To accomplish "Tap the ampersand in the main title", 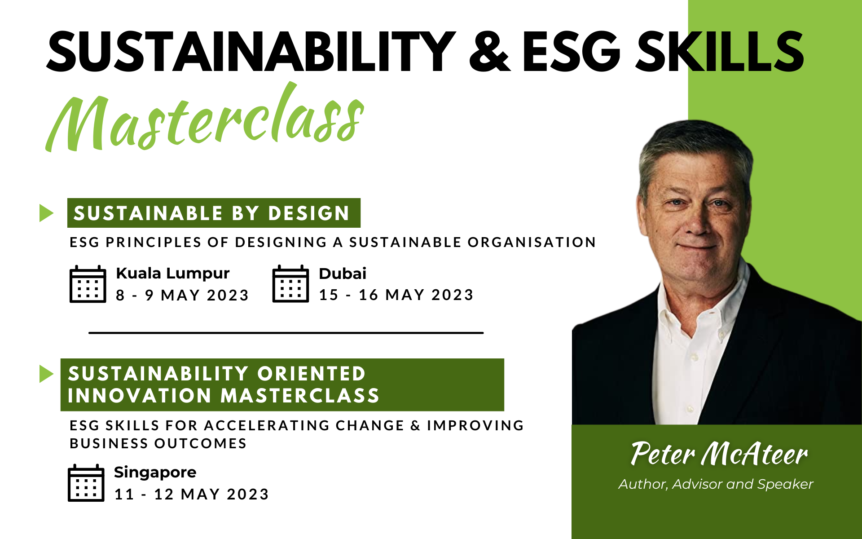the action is tap(489, 52).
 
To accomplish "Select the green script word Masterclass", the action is tap(205, 119).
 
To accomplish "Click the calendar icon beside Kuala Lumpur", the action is tap(88, 284).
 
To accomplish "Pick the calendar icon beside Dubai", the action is tap(290, 283).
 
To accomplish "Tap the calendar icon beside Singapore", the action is tap(86, 483).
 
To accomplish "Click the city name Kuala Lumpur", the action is tap(173, 274).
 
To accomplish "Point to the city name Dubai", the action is tap(343, 274).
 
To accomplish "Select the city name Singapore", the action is tap(155, 473).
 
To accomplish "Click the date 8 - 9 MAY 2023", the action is tap(182, 295).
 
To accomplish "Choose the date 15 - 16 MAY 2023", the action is tap(396, 295).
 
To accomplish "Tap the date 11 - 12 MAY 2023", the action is tap(191, 494).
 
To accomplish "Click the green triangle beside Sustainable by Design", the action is tap(46, 213).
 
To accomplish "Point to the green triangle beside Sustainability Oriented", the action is tap(46, 374).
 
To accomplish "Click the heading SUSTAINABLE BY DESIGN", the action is tap(211, 213).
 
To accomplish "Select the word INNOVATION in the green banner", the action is tap(140, 396).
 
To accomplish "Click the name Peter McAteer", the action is tap(719, 454).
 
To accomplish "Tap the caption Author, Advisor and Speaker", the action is tap(716, 484).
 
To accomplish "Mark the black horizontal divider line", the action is tap(286, 333).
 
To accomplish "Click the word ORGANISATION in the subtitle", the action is tap(532, 242).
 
